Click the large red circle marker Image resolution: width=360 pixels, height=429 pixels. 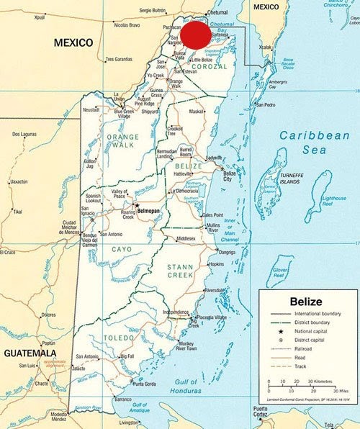[x=195, y=34]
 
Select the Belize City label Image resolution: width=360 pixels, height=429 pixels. [x=230, y=177]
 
